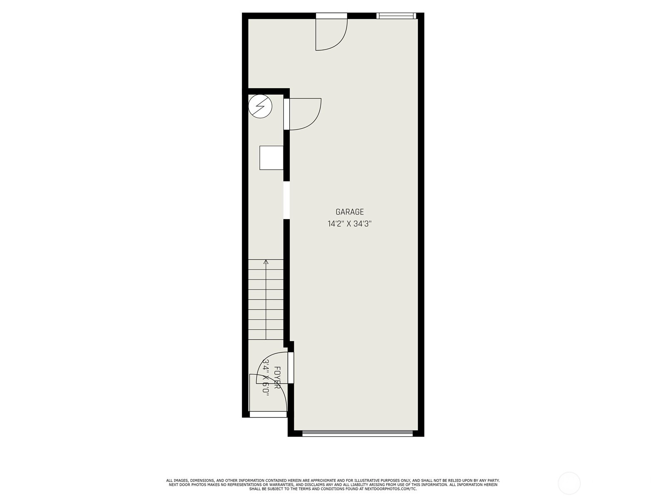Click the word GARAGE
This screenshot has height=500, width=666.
click(349, 212)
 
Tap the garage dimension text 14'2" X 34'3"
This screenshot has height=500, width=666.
click(350, 224)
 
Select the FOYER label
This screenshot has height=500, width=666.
click(277, 377)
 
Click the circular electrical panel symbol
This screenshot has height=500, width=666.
click(260, 106)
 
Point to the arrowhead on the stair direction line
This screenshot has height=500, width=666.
click(266, 262)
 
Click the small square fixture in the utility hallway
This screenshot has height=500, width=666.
click(271, 157)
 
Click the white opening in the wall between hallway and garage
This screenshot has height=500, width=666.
click(286, 200)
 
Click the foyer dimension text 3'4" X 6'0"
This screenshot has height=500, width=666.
click(266, 378)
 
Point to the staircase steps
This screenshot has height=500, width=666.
click(266, 299)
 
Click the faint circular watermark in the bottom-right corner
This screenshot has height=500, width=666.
click(569, 483)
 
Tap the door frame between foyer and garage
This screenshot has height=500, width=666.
click(291, 367)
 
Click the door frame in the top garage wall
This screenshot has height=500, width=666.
click(331, 15)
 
